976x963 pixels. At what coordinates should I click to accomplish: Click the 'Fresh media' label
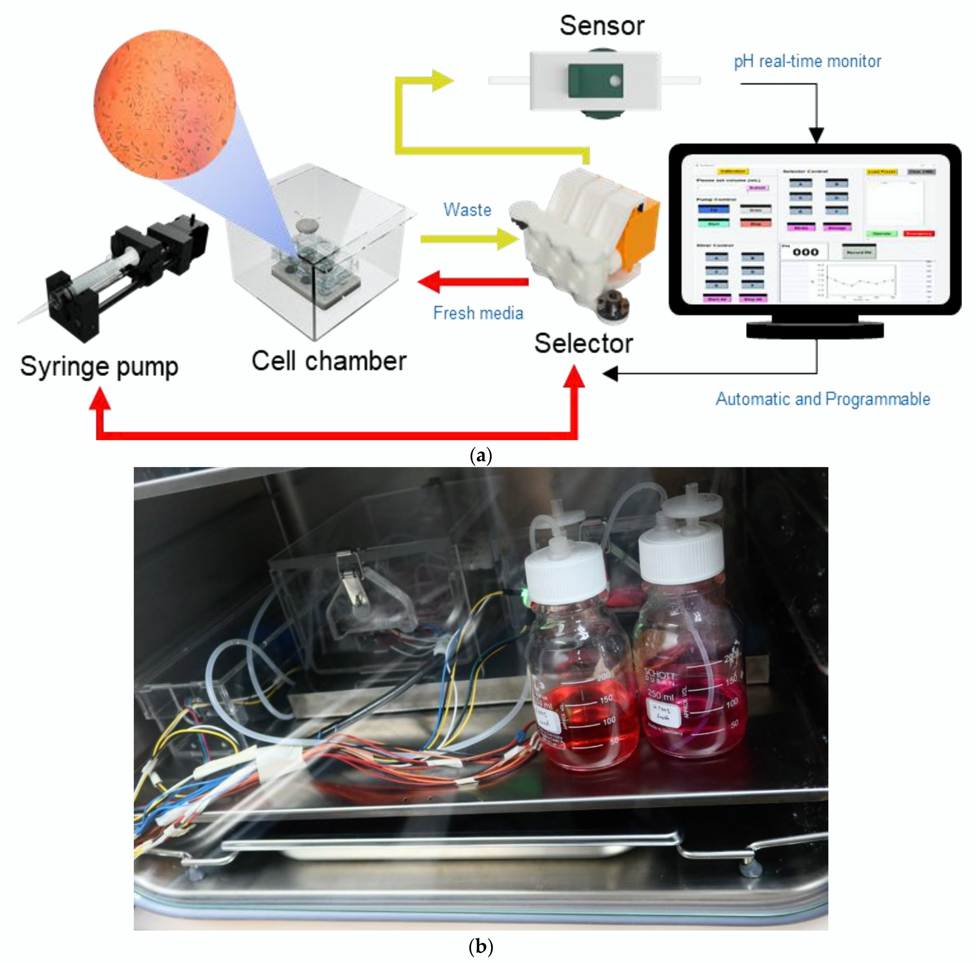pos(478,313)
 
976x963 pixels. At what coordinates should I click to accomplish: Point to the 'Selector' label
pos(584,344)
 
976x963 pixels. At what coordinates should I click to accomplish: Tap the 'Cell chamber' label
pos(329,361)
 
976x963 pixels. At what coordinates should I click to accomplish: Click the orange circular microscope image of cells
pos(164,105)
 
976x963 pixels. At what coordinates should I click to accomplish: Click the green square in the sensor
pos(595,81)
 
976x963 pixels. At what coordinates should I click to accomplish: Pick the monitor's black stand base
pos(815,330)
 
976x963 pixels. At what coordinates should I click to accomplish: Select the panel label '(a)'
pos(480,456)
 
